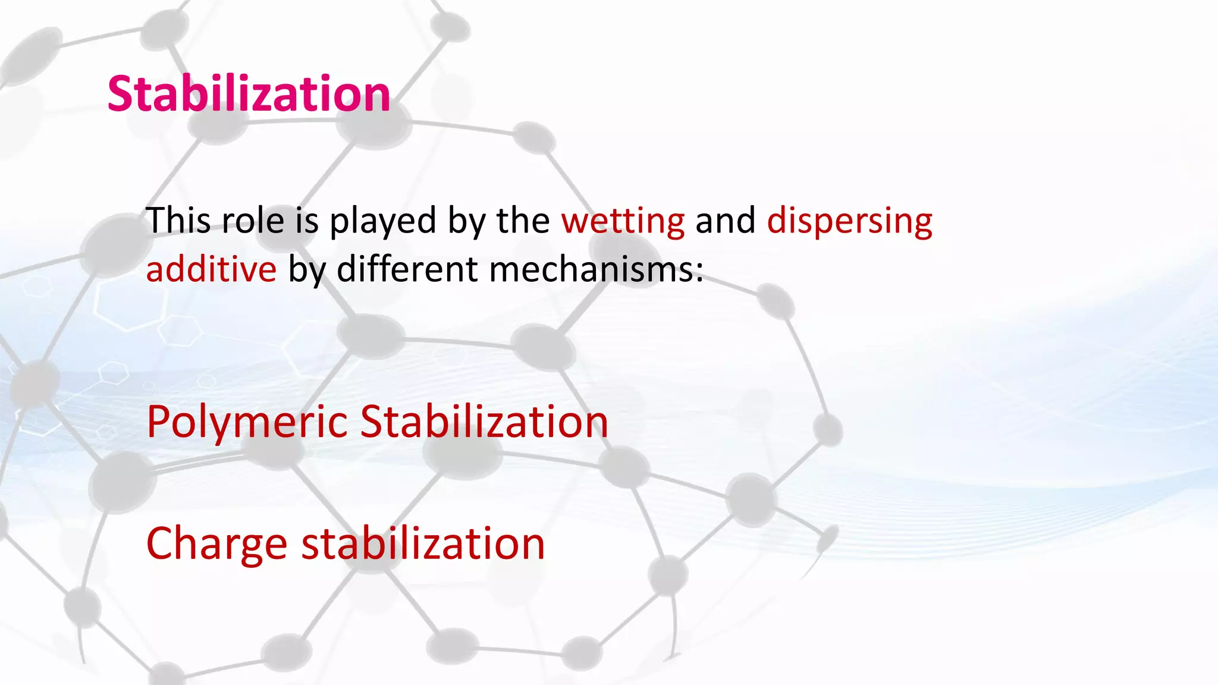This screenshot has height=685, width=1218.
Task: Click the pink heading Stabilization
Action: tap(249, 94)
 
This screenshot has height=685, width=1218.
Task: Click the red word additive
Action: tap(211, 269)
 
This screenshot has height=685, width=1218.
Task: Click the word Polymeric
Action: tap(246, 422)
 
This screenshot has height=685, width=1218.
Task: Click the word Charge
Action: tap(216, 544)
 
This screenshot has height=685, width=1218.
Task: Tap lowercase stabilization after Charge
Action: tap(423, 543)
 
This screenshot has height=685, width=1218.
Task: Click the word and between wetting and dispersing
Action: tap(725, 220)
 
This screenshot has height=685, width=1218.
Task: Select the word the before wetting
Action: tap(523, 220)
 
